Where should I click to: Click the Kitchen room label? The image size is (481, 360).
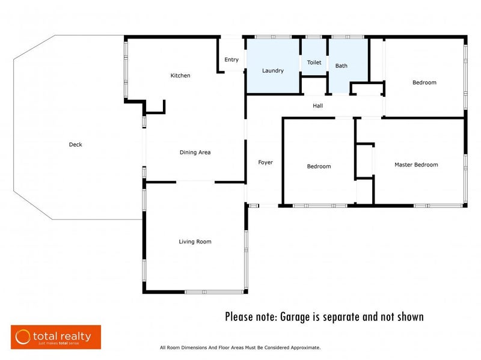pos(180,76)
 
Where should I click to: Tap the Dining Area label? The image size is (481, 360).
pos(195,153)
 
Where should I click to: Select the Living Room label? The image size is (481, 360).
pos(195,242)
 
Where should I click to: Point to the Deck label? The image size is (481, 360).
pos(76,144)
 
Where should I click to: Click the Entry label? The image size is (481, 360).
pos(231,59)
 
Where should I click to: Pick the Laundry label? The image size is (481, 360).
pos(273,71)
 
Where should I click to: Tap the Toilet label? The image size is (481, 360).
pos(314,63)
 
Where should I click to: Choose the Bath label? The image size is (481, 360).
pos(341,66)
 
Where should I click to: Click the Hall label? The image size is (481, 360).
pos(318,106)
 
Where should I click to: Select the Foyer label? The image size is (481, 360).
pos(265,162)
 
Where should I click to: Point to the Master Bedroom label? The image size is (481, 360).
pos(416,165)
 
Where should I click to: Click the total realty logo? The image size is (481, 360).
pos(56,337)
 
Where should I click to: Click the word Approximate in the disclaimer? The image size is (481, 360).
pos(305,348)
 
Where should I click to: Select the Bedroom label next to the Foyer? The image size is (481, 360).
pos(319,166)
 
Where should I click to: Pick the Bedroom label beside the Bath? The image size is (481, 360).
pos(424,82)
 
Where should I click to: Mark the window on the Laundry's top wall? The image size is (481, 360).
pos(274,37)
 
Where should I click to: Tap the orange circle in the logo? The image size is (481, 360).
pos(23,337)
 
